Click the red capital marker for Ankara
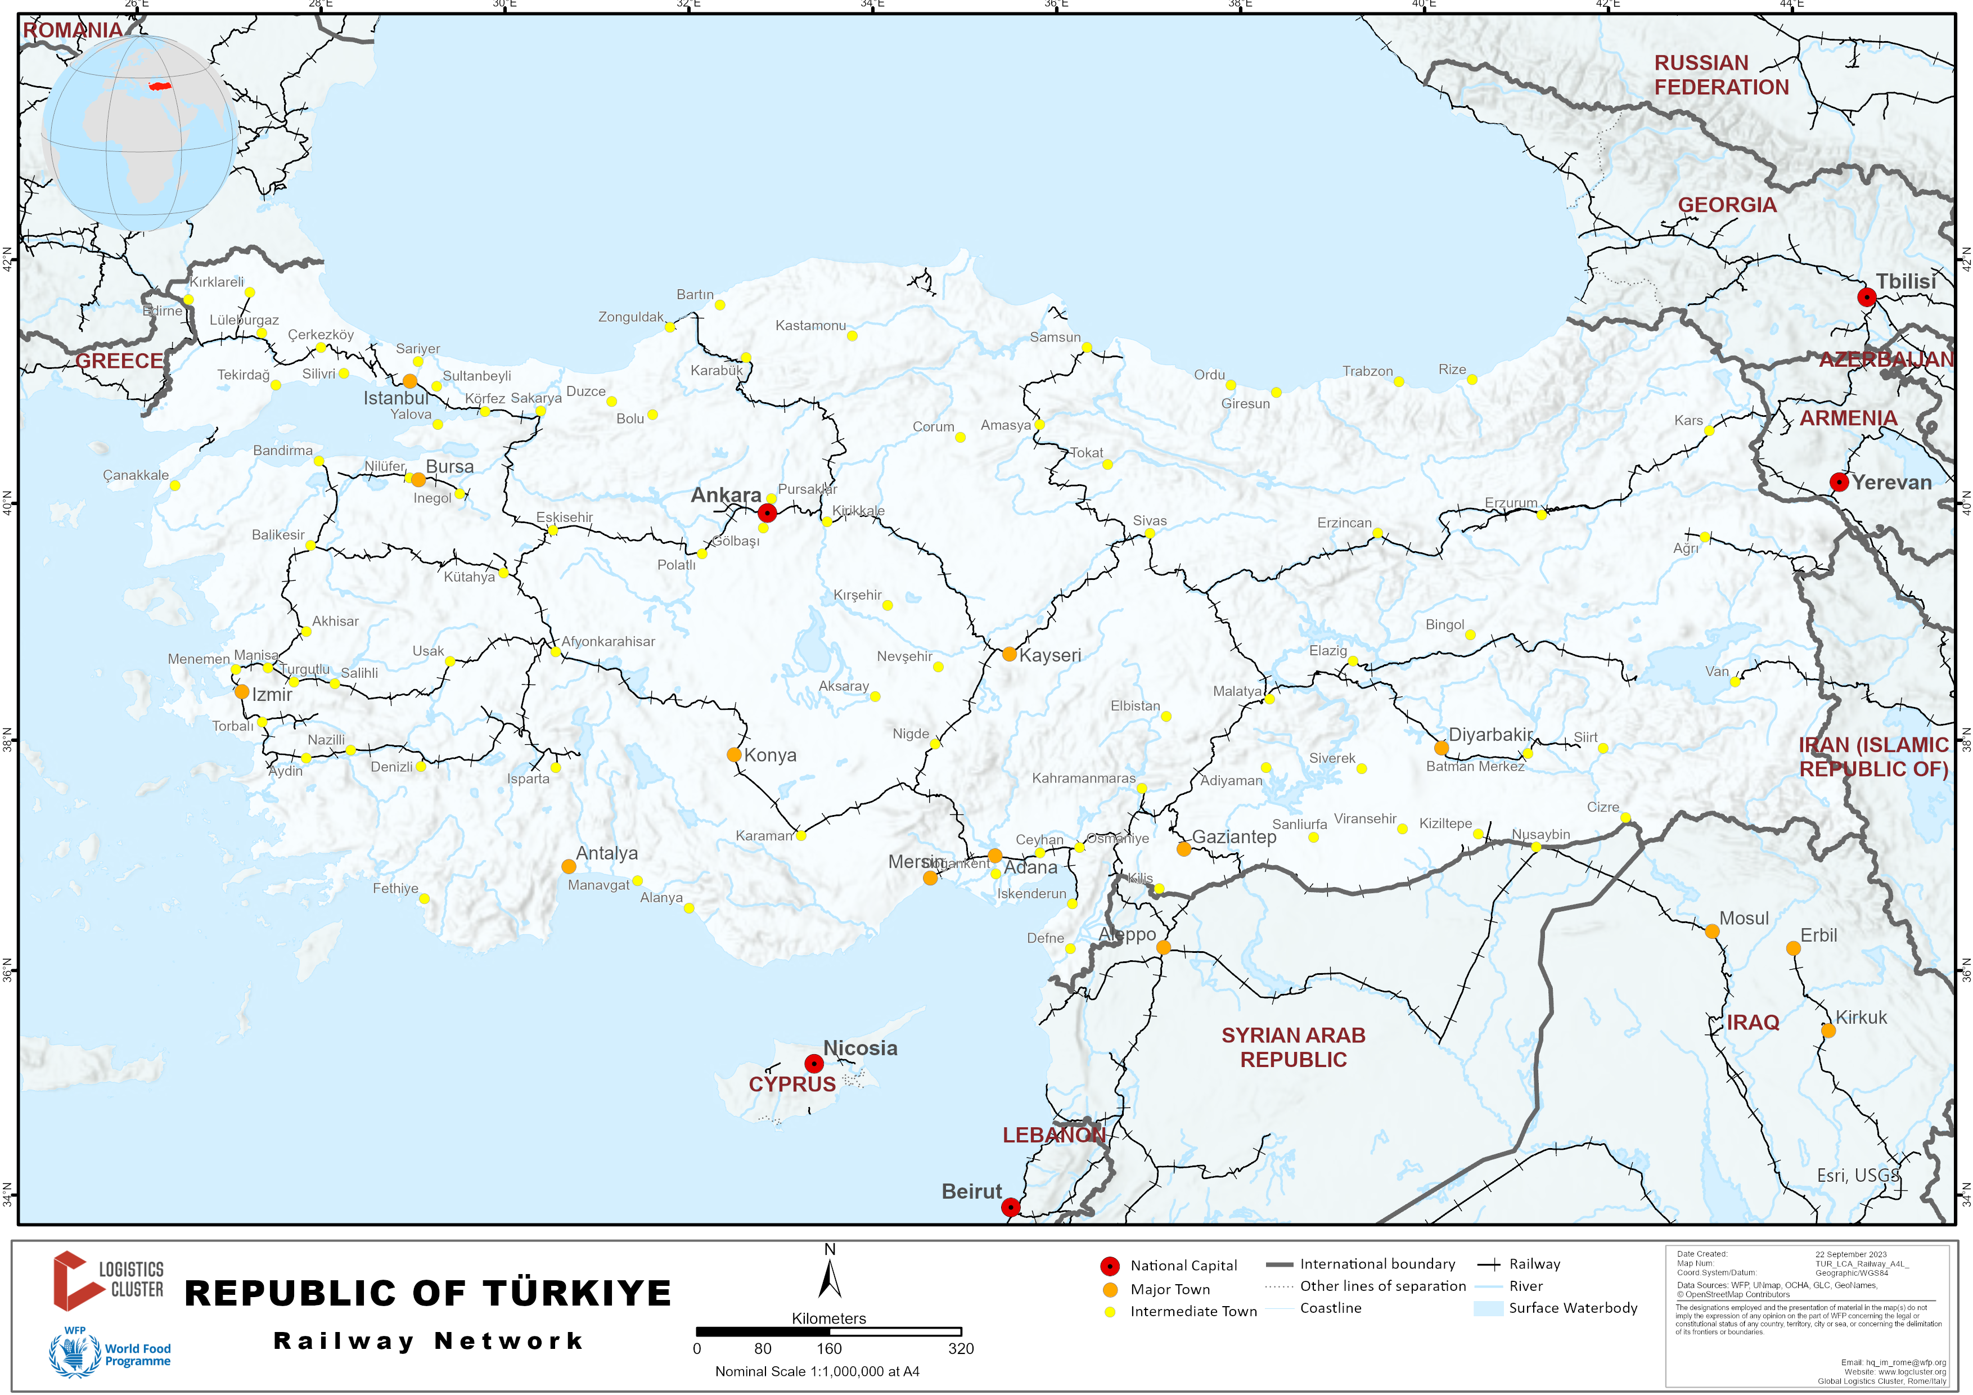[x=767, y=513]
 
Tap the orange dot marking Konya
[x=734, y=755]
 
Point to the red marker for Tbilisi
[x=1867, y=298]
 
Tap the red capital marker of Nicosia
[x=813, y=1064]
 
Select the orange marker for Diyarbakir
[x=1441, y=748]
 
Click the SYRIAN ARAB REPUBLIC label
[x=1293, y=1047]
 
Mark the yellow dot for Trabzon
[x=1399, y=381]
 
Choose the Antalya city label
[x=607, y=853]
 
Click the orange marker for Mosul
[x=1712, y=931]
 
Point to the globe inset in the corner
[x=140, y=133]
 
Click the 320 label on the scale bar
[x=961, y=1348]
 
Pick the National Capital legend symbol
[x=1109, y=1266]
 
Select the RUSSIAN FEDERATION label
[x=1720, y=75]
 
